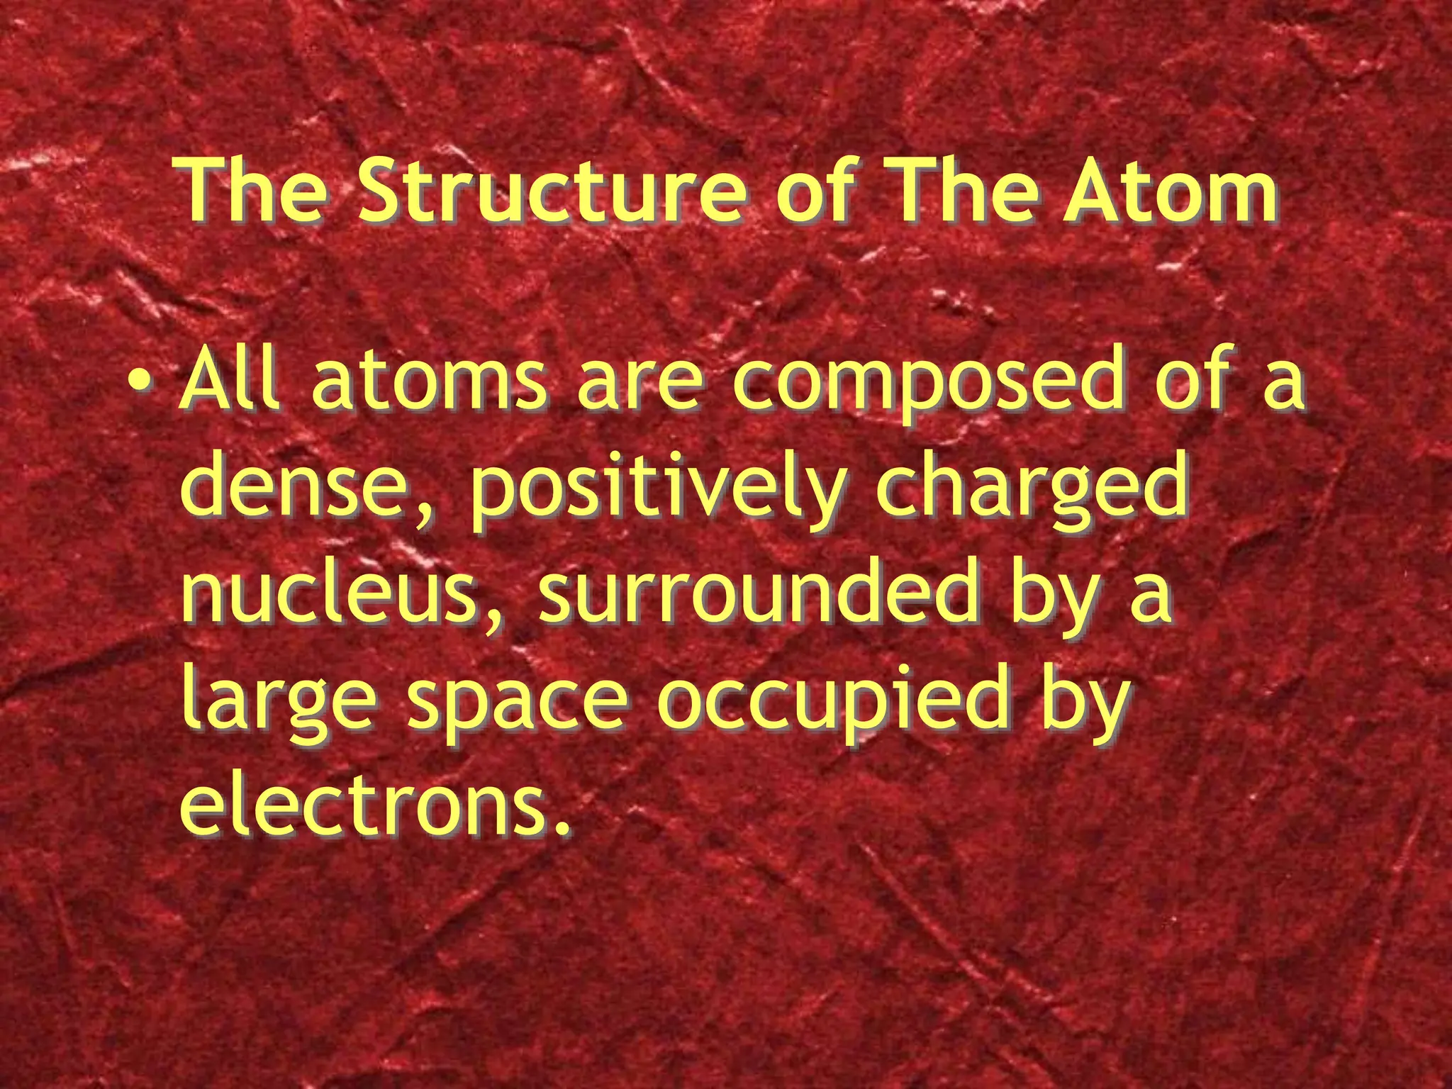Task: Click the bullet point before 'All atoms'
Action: point(144,384)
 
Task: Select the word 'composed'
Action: point(927,383)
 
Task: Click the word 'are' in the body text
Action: point(639,384)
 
